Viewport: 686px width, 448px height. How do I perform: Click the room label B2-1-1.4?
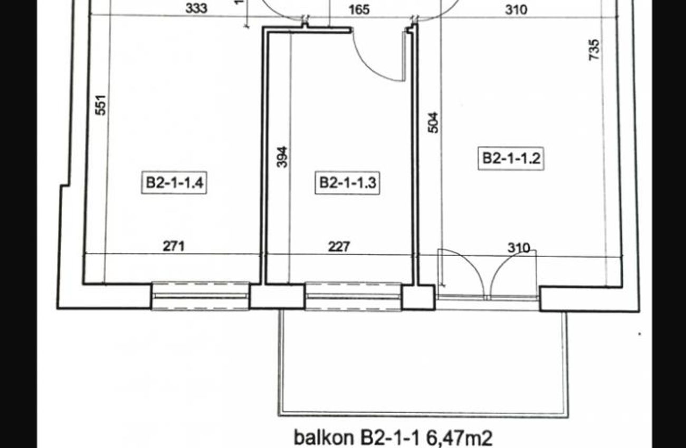tap(174, 183)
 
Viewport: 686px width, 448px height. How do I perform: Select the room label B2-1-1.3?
tap(347, 183)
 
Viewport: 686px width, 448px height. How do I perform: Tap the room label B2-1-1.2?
tap(511, 159)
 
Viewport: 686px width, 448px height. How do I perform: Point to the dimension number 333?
tap(196, 8)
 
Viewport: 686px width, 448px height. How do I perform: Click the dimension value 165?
tap(359, 10)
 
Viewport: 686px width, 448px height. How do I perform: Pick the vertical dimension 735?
tap(594, 50)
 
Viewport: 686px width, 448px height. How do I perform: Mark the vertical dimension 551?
tap(101, 105)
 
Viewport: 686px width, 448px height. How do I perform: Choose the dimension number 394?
tap(282, 157)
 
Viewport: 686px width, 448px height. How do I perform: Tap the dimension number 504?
tap(433, 123)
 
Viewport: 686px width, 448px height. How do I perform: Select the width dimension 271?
tap(174, 246)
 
